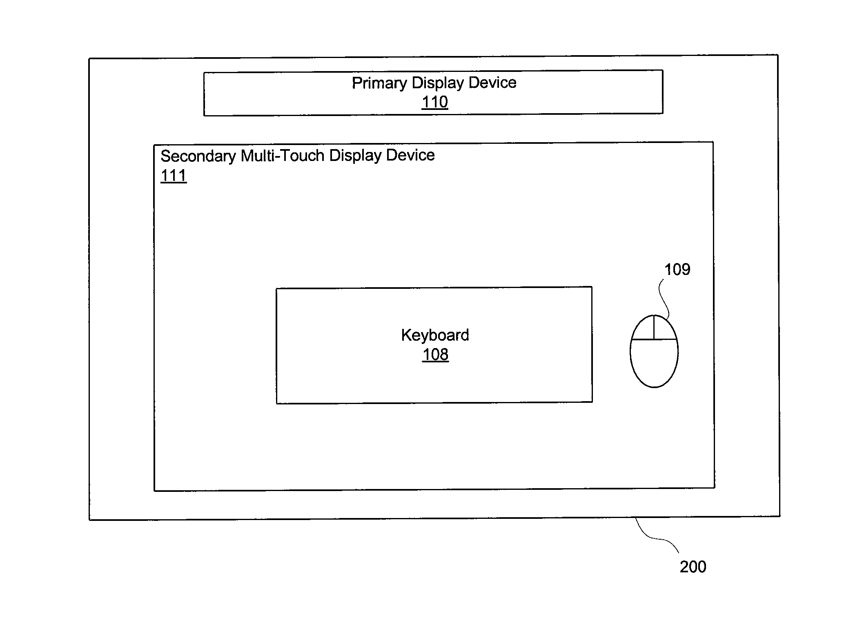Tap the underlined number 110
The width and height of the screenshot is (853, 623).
point(435,102)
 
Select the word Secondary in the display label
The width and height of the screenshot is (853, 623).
point(198,156)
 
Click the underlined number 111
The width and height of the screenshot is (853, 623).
point(174,176)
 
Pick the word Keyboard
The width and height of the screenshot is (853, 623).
point(435,335)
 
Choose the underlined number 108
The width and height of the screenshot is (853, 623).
point(435,355)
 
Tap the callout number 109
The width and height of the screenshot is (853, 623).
point(677,270)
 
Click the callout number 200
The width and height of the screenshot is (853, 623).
point(693,567)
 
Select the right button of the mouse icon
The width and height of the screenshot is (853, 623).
point(664,329)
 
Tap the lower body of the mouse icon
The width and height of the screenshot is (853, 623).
point(654,363)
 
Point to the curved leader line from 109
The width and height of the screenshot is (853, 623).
point(664,298)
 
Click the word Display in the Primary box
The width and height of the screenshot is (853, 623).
point(438,83)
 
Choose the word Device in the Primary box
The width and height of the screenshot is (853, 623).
point(493,83)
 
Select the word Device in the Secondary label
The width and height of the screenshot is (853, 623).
point(410,155)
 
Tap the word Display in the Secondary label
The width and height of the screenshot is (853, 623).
point(356,156)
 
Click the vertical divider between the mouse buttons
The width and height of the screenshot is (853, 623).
point(654,327)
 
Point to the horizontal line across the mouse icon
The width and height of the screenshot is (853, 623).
point(654,339)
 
